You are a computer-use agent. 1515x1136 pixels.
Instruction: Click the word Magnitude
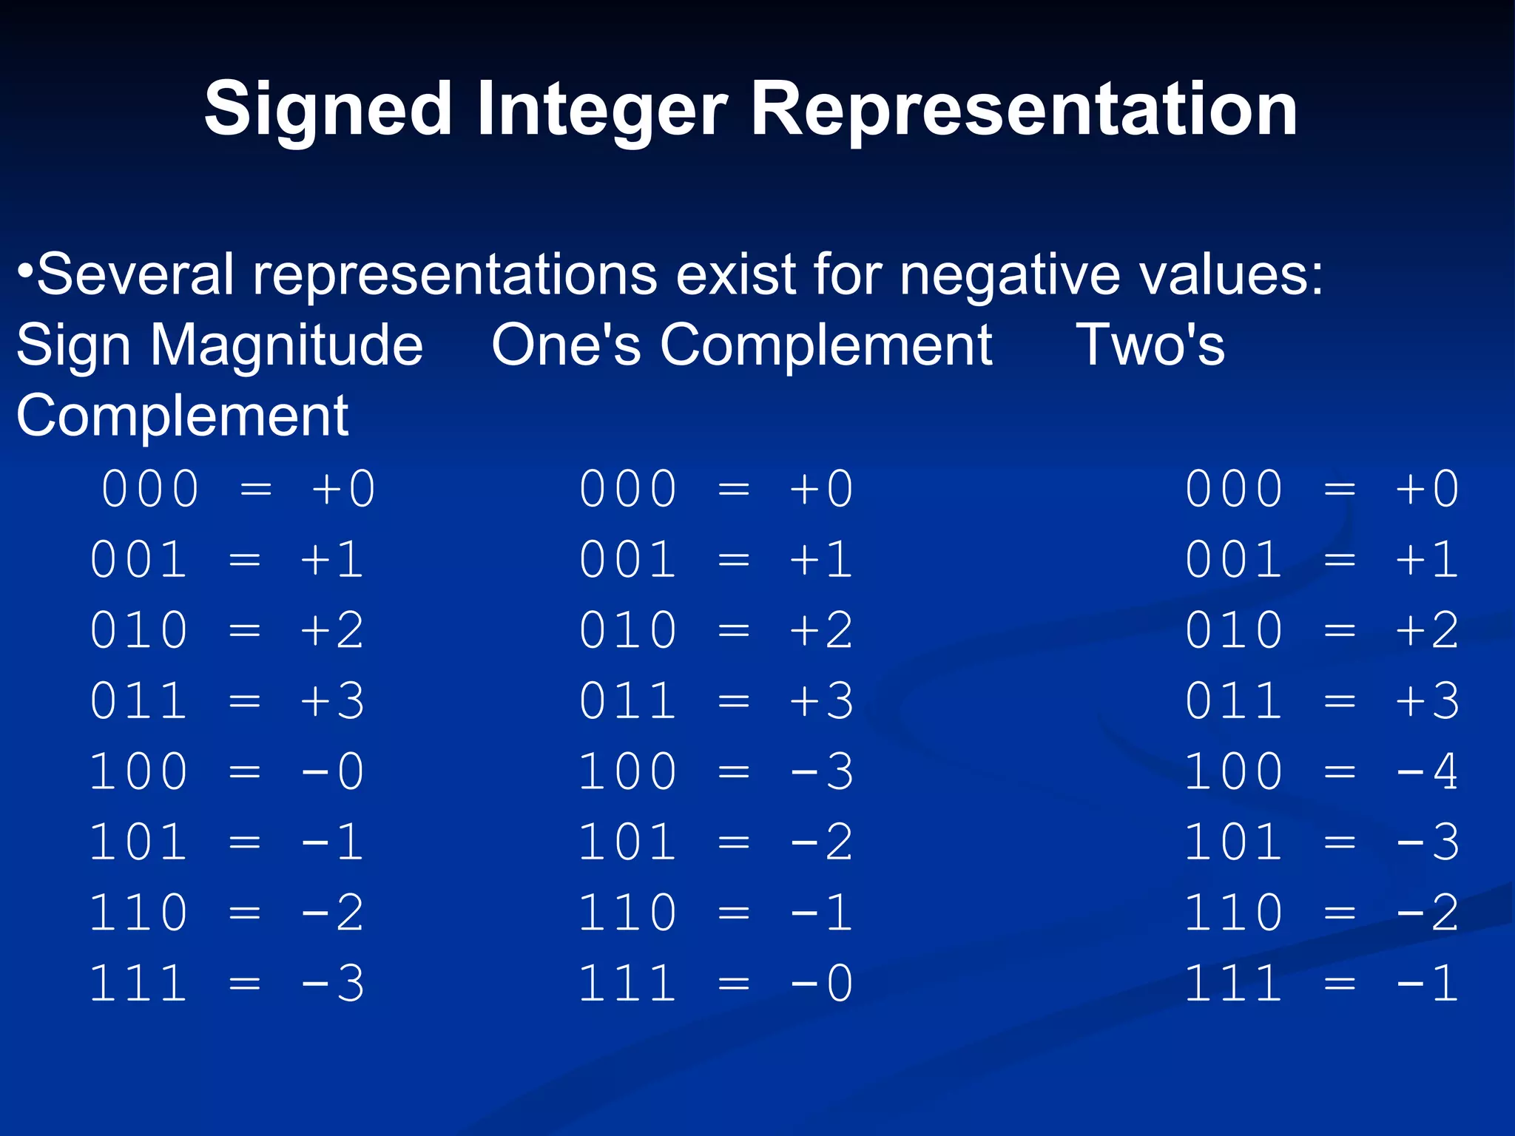pyautogui.click(x=286, y=345)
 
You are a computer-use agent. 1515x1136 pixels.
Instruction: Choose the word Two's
pyautogui.click(x=1150, y=345)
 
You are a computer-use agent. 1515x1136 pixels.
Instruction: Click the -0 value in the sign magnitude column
pyautogui.click(x=333, y=772)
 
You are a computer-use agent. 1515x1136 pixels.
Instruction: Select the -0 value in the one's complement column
pyautogui.click(x=822, y=984)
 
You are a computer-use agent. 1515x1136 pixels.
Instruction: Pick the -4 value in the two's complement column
pyautogui.click(x=1428, y=772)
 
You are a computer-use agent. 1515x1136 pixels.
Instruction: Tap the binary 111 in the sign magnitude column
pyautogui.click(x=138, y=984)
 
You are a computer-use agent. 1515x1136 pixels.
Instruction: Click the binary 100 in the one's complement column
pyautogui.click(x=627, y=772)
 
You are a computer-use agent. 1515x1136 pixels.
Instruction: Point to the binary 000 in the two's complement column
pyautogui.click(x=1234, y=490)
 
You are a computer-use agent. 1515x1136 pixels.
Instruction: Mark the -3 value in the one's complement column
pyautogui.click(x=822, y=772)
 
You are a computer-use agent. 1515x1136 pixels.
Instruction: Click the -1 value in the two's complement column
pyautogui.click(x=1428, y=984)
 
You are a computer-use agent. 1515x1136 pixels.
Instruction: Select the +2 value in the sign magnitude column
pyautogui.click(x=333, y=631)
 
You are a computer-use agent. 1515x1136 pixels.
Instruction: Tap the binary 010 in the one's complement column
pyautogui.click(x=627, y=631)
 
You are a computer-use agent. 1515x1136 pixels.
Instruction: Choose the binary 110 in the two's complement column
pyautogui.click(x=1234, y=913)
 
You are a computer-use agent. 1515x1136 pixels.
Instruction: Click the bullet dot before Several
pyautogui.click(x=25, y=270)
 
